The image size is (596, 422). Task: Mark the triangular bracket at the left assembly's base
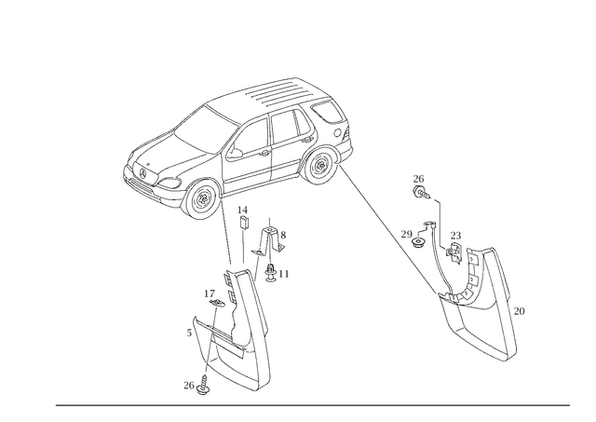[x=219, y=349]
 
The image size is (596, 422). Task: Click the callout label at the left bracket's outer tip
[x=194, y=328]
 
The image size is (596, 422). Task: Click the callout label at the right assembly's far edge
[x=520, y=308]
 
